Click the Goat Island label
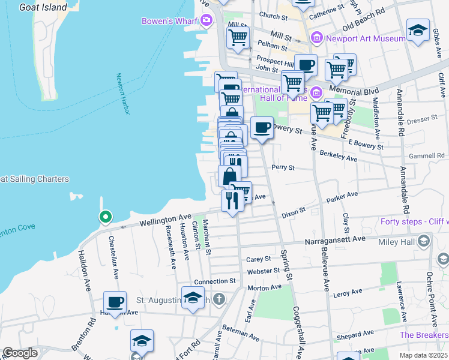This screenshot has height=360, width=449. click(x=43, y=7)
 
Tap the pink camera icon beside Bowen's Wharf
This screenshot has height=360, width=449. click(x=207, y=21)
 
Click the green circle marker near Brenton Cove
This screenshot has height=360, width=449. click(x=106, y=217)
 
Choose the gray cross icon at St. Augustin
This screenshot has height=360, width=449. click(x=220, y=298)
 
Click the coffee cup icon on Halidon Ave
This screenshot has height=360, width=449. click(x=115, y=302)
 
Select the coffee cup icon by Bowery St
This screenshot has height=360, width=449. click(x=262, y=128)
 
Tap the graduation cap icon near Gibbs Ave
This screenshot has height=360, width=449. click(x=418, y=30)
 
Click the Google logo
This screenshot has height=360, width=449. click(x=20, y=353)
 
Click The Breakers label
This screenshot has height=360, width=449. click(x=423, y=335)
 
